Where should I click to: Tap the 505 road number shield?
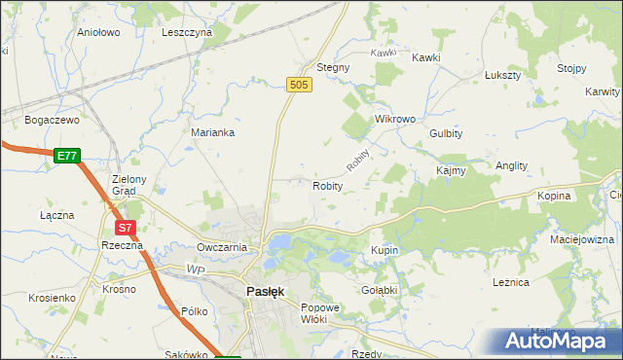coord(300,87)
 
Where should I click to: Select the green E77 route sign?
coord(67,156)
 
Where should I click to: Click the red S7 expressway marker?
coord(125,228)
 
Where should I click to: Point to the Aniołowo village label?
coord(97,32)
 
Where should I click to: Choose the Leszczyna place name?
coord(187,32)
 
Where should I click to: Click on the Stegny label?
coord(333,68)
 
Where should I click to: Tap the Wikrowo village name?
coord(395,119)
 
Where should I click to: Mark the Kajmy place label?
coord(451,170)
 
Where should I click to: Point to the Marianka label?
coord(212,133)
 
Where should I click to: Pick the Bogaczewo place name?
coord(52,120)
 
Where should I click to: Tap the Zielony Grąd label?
coord(129,185)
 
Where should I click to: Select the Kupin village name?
coord(385,250)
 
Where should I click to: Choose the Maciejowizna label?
coord(581,239)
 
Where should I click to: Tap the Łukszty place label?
coord(503,75)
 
